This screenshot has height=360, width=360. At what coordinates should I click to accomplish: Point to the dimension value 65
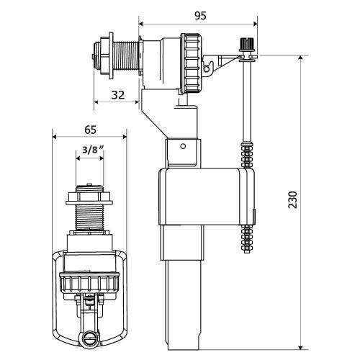click(90, 130)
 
